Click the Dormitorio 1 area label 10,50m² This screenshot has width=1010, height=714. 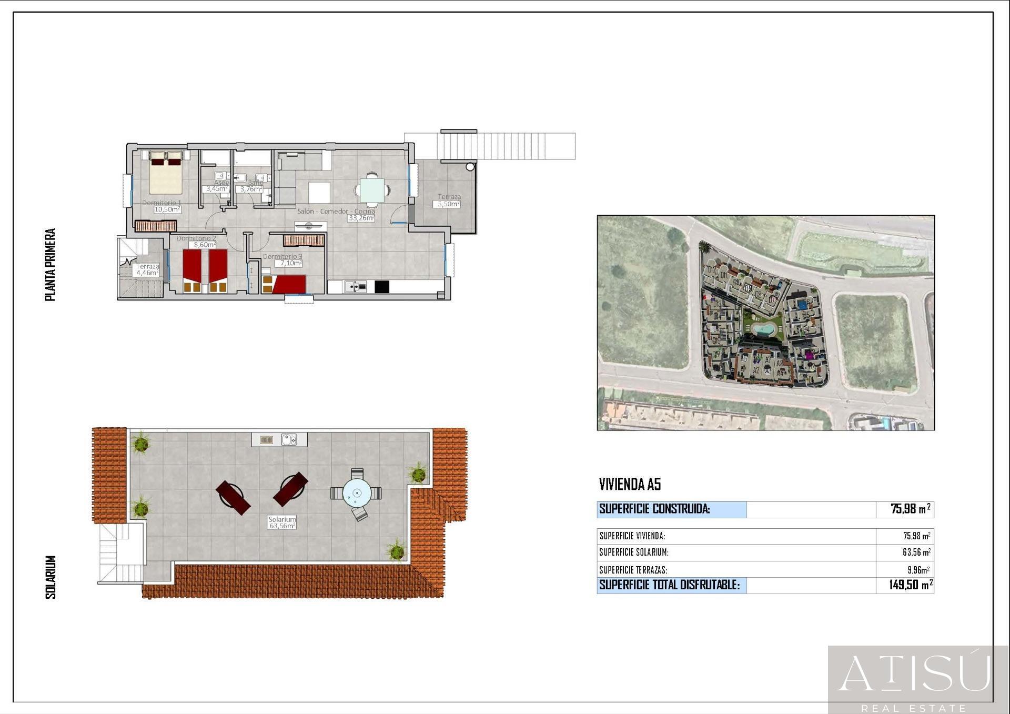pos(167,209)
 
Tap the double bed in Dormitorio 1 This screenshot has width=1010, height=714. pos(166,173)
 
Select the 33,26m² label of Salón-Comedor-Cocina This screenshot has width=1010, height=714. pos(361,218)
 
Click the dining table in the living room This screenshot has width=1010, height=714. pos(372,190)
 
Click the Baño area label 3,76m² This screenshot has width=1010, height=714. pos(251,189)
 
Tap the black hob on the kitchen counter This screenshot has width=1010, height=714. pos(381,287)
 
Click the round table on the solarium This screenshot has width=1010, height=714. pos(357,494)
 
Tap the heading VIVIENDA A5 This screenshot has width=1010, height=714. pos(630,484)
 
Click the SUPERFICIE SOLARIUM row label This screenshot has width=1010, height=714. pos(634,552)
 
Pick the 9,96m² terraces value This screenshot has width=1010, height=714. pos(918,570)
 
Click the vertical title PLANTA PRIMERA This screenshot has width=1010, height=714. pos(50,265)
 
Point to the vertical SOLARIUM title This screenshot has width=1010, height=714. pos(50,577)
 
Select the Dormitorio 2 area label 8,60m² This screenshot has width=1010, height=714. pos(205,245)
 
